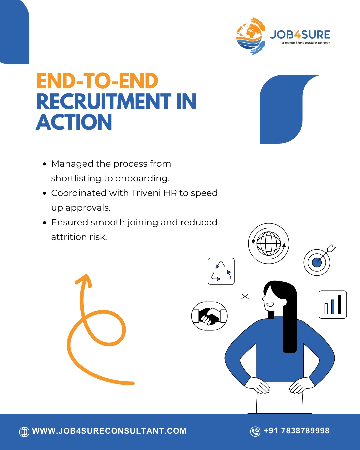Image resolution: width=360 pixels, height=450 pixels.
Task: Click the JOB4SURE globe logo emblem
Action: click(250, 36)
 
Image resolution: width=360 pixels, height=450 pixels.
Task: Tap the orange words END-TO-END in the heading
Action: click(97, 81)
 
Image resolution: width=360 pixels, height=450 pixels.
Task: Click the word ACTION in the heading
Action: click(74, 122)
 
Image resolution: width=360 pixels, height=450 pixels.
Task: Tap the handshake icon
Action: click(209, 316)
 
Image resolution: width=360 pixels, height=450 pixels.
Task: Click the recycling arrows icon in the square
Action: click(221, 271)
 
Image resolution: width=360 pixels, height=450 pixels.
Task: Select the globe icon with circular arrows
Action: click(269, 243)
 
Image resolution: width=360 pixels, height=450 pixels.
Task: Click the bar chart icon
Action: click(333, 304)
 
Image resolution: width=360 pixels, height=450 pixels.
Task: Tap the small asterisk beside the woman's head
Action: click(245, 296)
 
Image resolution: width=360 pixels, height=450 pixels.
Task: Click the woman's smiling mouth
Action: click(270, 305)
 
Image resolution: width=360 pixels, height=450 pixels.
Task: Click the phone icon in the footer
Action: click(255, 431)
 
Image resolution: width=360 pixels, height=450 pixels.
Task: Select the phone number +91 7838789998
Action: click(296, 431)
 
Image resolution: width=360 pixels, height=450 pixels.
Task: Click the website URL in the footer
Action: click(109, 431)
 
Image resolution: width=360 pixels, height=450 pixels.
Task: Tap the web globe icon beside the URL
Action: click(24, 432)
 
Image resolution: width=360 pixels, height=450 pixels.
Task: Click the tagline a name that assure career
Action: click(306, 43)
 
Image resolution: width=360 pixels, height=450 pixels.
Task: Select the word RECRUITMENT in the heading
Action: click(104, 102)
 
